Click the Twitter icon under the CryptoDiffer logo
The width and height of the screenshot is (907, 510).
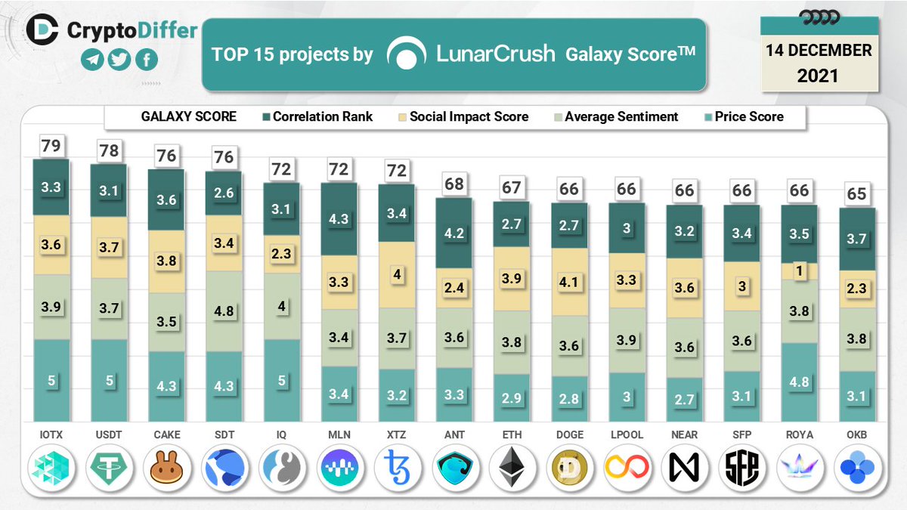tap(119, 60)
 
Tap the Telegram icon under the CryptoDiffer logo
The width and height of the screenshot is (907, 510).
tap(91, 60)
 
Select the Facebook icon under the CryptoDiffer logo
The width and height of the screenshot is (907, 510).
tap(146, 60)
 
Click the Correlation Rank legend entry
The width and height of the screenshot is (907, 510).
tap(315, 116)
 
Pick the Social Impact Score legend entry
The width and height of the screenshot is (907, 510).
tap(461, 116)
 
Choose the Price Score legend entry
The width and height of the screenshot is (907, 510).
tap(741, 116)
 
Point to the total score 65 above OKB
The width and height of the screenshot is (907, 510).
tap(856, 193)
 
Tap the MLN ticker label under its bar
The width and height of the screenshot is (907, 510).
tap(339, 434)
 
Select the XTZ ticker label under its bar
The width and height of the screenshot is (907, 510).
tap(396, 434)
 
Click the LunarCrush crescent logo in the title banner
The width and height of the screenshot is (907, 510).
tap(407, 54)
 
